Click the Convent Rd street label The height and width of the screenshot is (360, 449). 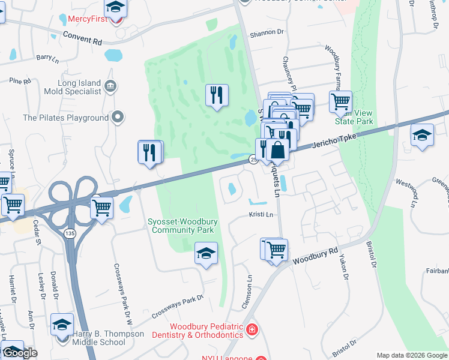(82, 40)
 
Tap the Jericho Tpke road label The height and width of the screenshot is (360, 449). (335, 141)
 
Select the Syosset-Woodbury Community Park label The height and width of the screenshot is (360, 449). (182, 226)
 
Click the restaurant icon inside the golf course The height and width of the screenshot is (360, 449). (217, 95)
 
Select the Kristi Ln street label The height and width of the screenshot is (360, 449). (261, 214)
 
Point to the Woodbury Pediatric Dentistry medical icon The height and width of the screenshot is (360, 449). (252, 329)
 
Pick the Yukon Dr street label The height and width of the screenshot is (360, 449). (344, 267)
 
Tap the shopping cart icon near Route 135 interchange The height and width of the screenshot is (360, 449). (101, 208)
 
